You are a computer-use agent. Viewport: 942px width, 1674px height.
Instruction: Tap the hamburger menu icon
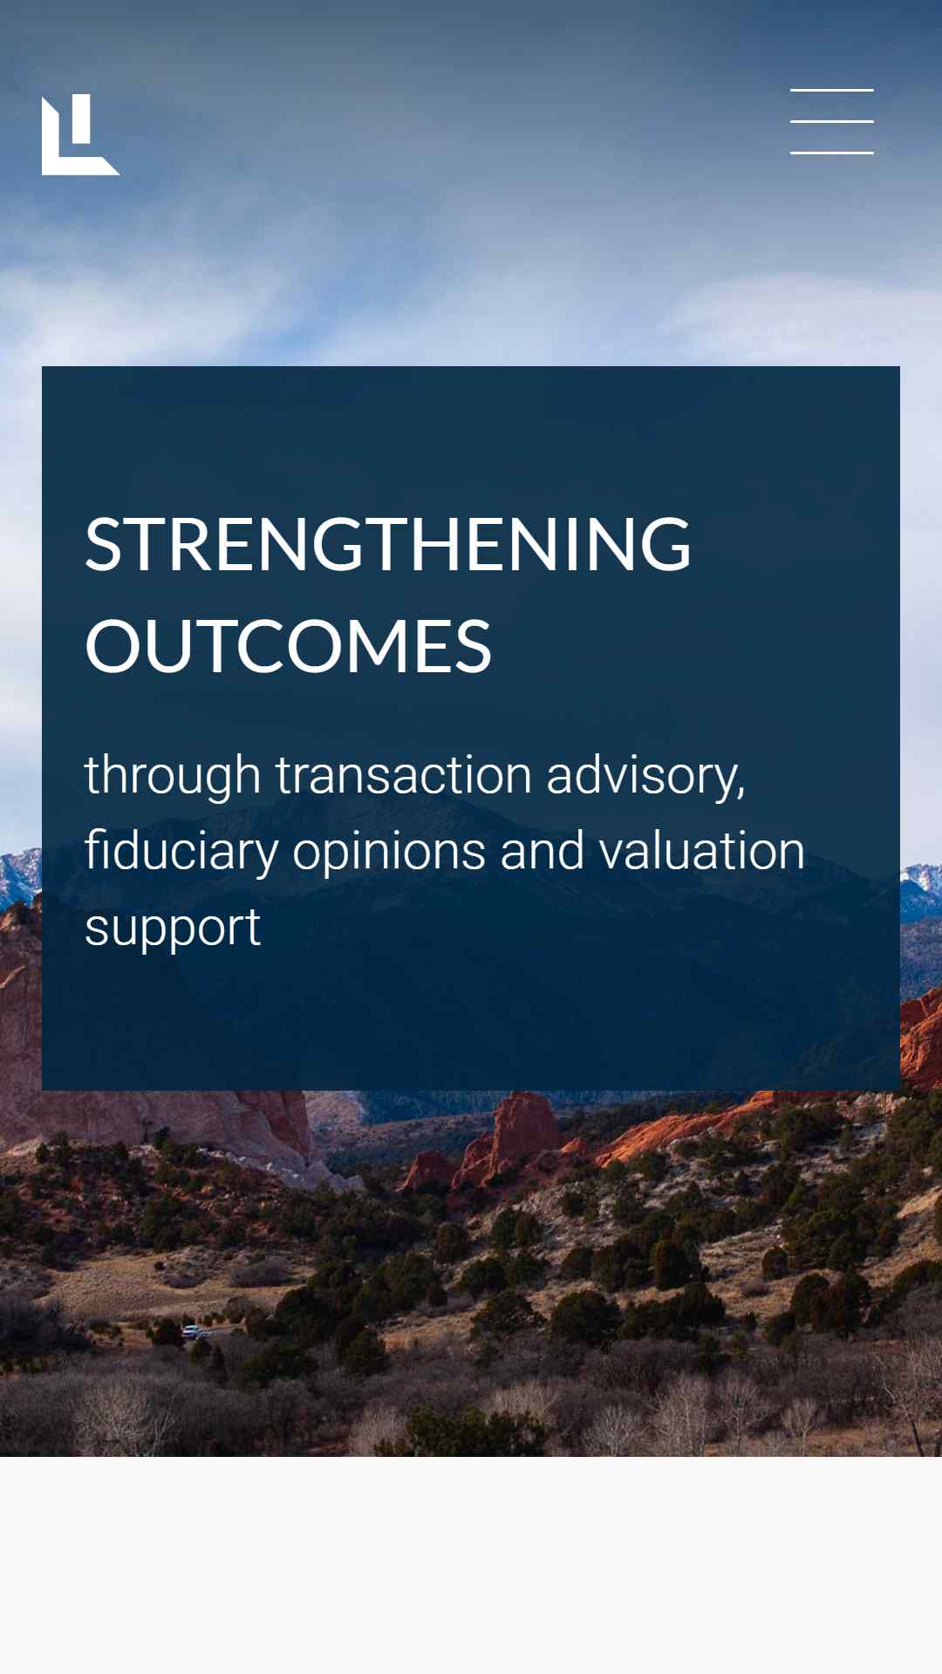(x=832, y=121)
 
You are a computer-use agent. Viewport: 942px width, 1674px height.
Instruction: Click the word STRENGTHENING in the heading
(x=388, y=544)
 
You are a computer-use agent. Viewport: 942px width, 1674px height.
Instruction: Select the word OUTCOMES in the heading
(x=289, y=645)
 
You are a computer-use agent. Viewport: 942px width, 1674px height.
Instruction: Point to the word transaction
(x=404, y=774)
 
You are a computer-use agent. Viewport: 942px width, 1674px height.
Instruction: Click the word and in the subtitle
(x=543, y=851)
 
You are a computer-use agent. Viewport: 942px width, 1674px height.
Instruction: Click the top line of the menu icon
(x=832, y=90)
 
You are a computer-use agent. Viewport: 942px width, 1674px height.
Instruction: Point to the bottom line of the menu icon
(x=832, y=153)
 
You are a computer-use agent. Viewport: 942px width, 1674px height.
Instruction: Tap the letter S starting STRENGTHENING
(x=104, y=544)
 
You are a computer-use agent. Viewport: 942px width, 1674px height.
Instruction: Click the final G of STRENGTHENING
(x=662, y=544)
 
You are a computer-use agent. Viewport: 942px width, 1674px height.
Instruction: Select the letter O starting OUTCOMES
(x=117, y=645)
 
